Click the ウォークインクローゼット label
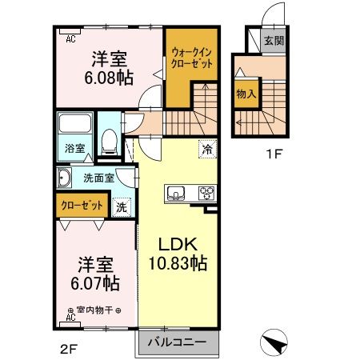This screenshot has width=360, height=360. click(191, 58)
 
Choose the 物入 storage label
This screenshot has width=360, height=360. click(246, 94)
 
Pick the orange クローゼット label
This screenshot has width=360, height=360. click(82, 205)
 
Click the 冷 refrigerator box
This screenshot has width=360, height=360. click(206, 148)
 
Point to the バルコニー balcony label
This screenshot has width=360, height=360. click(177, 342)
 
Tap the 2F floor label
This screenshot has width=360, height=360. click(64, 347)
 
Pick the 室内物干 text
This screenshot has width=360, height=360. click(94, 310)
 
